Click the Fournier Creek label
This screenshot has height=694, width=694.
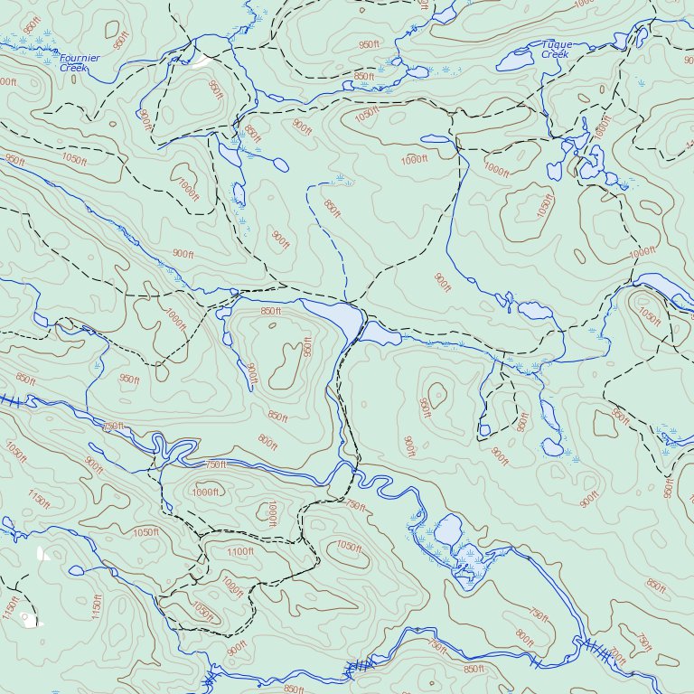(x=80, y=62)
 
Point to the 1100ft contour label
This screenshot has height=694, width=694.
(x=240, y=551)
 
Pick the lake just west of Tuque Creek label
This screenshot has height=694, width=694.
(x=515, y=61)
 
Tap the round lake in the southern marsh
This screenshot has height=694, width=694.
(x=448, y=530)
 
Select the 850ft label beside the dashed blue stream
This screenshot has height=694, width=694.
(x=333, y=208)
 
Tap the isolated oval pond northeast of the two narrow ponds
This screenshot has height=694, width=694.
(x=281, y=165)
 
